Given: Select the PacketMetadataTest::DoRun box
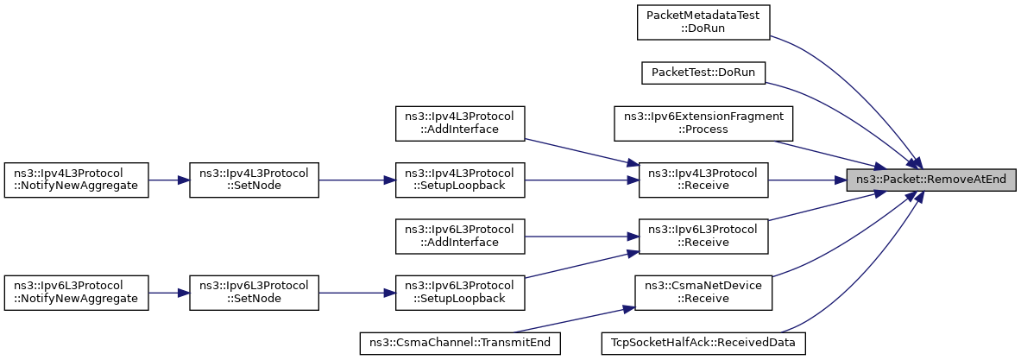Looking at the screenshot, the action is pos(703,22).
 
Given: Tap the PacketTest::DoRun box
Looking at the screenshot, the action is pos(703,73).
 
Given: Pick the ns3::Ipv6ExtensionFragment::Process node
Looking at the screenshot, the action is pos(703,123).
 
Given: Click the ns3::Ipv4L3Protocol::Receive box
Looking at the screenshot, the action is pos(703,180).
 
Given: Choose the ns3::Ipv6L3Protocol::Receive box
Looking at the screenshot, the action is pos(703,237).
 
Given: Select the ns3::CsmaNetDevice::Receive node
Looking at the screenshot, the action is pos(703,293).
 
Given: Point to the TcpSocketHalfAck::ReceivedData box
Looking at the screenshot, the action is pos(703,343).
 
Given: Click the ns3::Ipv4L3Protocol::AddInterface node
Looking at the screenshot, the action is pos(460,123).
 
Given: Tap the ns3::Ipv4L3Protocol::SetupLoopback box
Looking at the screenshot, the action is pos(460,180).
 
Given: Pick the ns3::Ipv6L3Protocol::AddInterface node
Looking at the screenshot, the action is pos(460,237).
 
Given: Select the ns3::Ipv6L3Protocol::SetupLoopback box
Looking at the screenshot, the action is pos(460,293).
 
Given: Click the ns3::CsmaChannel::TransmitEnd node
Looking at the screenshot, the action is pos(460,343).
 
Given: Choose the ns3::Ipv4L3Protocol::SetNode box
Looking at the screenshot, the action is pos(254,180).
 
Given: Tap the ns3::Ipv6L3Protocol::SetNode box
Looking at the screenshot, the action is pos(254,293).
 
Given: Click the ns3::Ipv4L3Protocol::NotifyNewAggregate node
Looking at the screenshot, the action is pos(77,180).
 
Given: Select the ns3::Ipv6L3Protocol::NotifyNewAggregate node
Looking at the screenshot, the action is pos(77,293).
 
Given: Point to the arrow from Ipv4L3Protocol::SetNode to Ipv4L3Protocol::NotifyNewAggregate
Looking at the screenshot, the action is pos(169,180).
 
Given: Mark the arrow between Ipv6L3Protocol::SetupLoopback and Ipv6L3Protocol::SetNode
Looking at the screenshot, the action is pos(356,293).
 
